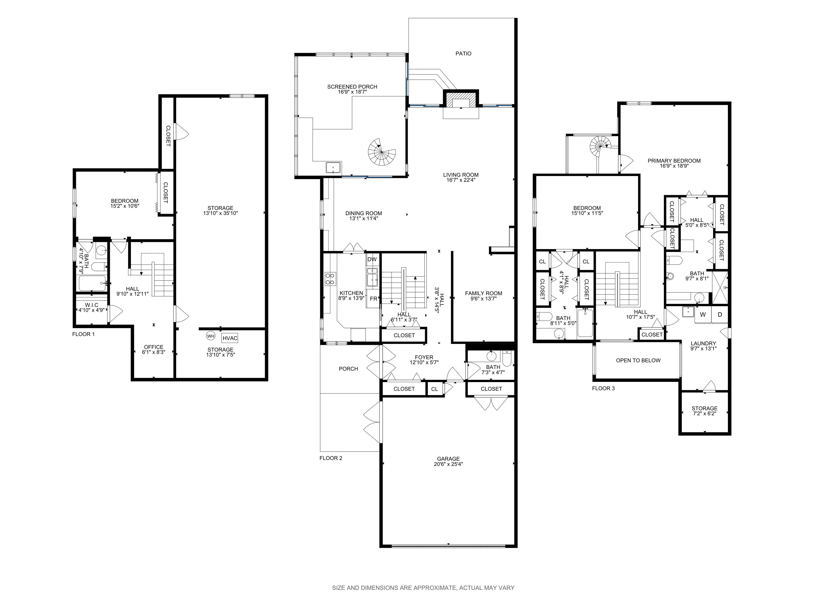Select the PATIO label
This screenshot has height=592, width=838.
[x=463, y=54]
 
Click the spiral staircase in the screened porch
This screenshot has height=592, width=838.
[x=381, y=152]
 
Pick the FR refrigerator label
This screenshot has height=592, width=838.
[x=373, y=299]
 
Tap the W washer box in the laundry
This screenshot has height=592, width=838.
[x=703, y=315]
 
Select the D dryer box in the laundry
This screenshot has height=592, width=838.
[x=720, y=315]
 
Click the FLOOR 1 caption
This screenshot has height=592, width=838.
[x=84, y=334]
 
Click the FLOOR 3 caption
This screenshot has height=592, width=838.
[x=603, y=389]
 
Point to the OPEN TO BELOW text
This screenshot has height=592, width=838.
[x=638, y=360]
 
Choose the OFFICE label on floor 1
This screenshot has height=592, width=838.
[x=154, y=347]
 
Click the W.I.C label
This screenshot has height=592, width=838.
[x=91, y=305]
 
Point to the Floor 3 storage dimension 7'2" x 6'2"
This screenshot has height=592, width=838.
[x=704, y=414]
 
